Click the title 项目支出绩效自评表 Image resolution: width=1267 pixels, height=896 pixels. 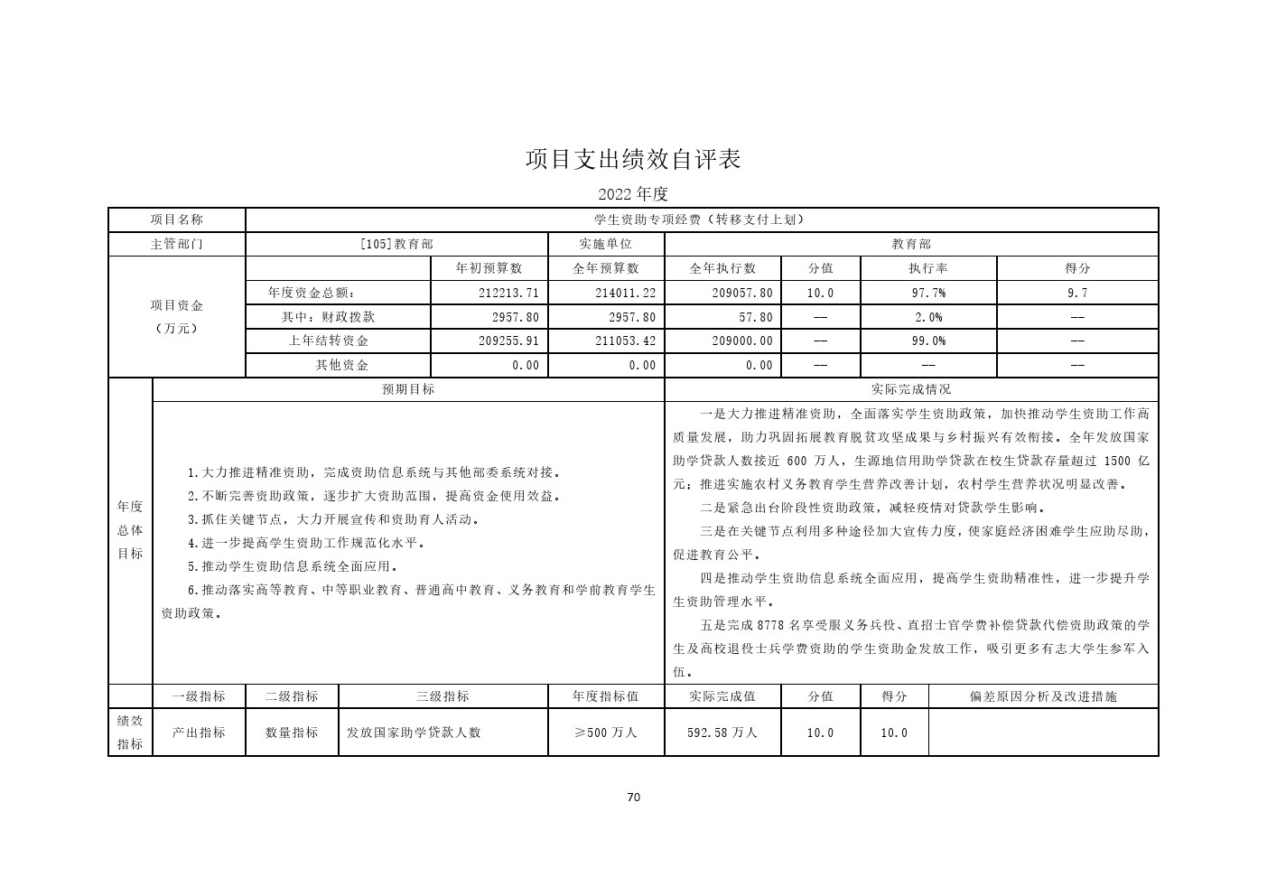pyautogui.click(x=633, y=160)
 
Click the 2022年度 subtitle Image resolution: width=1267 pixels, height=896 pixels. pyautogui.click(x=632, y=194)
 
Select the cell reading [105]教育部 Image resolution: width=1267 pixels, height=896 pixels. pyautogui.click(x=396, y=244)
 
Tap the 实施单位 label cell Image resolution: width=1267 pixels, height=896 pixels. pyautogui.click(x=605, y=244)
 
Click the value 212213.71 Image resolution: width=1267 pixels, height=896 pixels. pyautogui.click(x=508, y=293)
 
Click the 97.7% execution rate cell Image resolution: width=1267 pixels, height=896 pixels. pyautogui.click(x=927, y=293)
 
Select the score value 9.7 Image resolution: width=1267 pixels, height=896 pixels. pyautogui.click(x=1076, y=293)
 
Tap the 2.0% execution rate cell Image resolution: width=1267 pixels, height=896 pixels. pyautogui.click(x=927, y=317)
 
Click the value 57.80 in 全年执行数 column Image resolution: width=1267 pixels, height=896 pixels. pyautogui.click(x=754, y=317)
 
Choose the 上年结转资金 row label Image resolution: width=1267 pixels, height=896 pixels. pyautogui.click(x=329, y=341)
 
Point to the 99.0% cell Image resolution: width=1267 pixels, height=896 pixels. pyautogui.click(x=927, y=341)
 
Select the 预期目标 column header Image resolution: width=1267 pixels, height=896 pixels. pyautogui.click(x=408, y=389)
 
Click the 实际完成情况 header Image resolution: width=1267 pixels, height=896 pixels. pyautogui.click(x=910, y=389)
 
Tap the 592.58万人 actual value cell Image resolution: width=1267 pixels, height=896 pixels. pyautogui.click(x=722, y=733)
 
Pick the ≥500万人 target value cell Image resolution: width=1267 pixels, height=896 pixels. pyautogui.click(x=605, y=733)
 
